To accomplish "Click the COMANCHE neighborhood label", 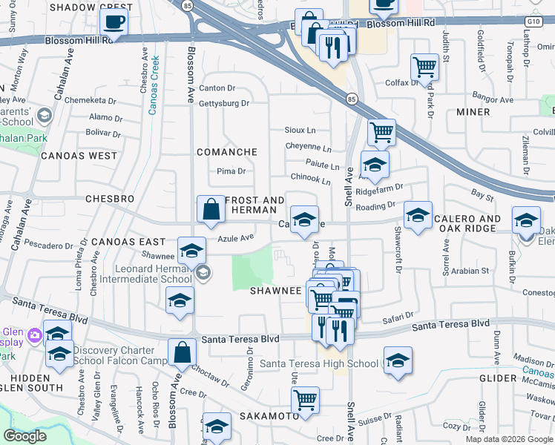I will [226, 152].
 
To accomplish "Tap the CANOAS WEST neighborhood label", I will [79, 156].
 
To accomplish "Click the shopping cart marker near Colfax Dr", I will [424, 67].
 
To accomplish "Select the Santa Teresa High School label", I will [319, 363].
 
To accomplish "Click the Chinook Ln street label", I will [310, 179].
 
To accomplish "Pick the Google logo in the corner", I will [24, 436].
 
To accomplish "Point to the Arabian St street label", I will [471, 271].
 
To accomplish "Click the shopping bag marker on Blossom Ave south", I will [182, 353].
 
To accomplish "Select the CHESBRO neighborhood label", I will [110, 200].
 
